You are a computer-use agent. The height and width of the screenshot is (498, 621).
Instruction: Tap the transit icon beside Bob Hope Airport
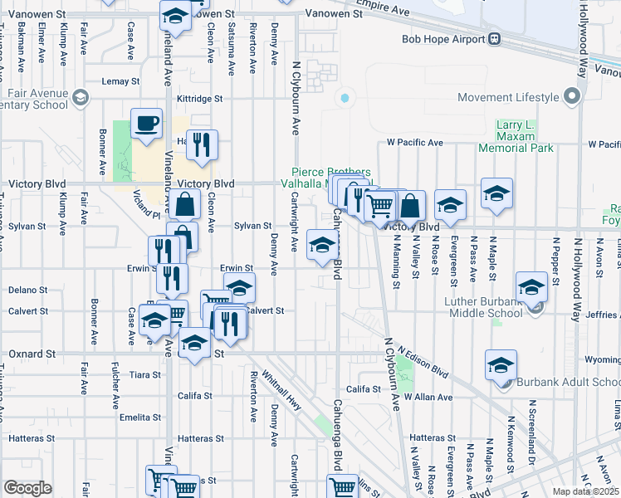coord(494,39)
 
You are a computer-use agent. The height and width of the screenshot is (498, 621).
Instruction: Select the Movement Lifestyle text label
coord(507,97)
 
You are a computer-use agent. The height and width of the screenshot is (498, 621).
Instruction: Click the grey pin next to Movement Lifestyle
coord(571,97)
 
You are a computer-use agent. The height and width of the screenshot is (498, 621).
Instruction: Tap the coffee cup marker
coord(146,124)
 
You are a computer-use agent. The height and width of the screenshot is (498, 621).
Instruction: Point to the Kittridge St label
coord(200,98)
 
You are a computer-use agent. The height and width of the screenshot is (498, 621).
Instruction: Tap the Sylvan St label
coord(252,226)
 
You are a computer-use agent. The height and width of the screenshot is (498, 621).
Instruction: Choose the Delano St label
coord(27,290)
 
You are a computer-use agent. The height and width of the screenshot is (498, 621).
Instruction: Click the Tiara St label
coord(145,375)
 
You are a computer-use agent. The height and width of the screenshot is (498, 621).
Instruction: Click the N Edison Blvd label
coord(423,363)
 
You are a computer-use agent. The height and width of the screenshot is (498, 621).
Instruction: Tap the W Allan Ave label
coord(429,398)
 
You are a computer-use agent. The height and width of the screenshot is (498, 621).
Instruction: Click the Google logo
coord(27,488)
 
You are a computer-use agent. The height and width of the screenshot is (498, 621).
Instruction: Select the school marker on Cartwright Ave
coord(321,246)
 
